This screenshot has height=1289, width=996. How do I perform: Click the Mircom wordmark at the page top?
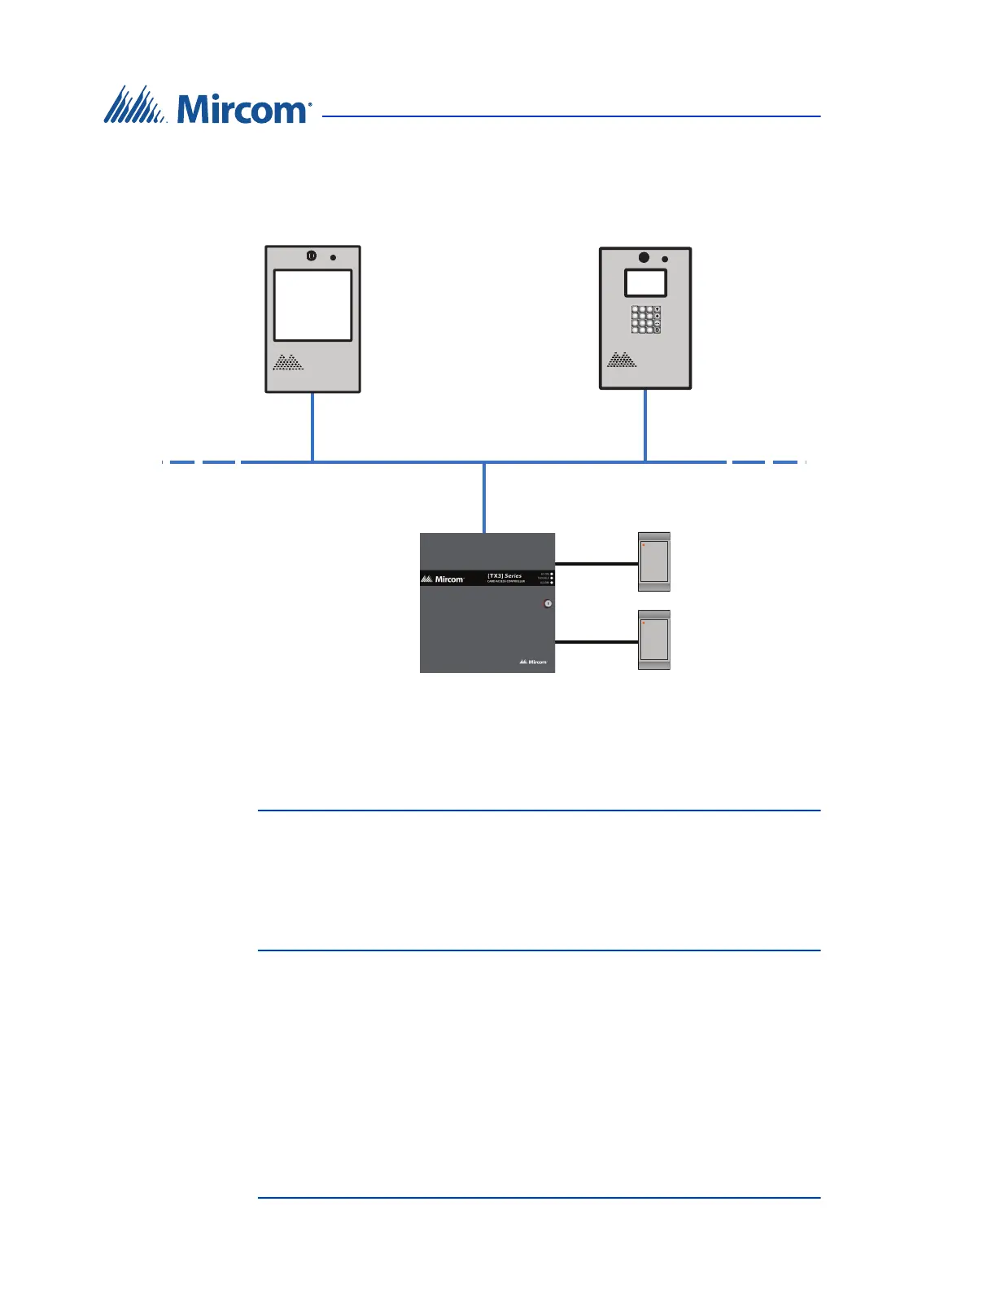[242, 109]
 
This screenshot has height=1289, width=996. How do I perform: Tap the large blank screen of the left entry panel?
[312, 305]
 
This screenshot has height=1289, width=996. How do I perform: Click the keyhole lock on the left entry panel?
[311, 256]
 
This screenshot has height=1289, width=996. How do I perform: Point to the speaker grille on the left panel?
[287, 363]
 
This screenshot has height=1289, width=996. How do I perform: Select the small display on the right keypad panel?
[645, 282]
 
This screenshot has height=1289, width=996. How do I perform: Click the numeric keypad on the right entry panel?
[645, 319]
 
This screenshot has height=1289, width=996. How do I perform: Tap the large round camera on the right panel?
[644, 258]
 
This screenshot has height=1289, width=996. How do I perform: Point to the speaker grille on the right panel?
[622, 360]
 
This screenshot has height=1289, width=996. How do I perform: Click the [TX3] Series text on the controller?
[505, 576]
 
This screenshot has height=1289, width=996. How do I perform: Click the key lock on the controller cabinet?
[548, 603]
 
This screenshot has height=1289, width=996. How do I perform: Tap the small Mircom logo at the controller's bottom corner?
[534, 662]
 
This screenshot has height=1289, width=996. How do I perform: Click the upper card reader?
[653, 561]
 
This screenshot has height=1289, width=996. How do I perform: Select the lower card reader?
[653, 640]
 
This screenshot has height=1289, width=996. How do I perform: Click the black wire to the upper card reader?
[596, 563]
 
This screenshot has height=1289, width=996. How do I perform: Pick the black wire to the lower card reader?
[596, 642]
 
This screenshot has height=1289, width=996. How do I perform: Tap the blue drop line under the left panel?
[312, 427]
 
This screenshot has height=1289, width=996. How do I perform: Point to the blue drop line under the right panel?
[645, 425]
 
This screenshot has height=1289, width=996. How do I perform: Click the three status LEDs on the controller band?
[552, 579]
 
